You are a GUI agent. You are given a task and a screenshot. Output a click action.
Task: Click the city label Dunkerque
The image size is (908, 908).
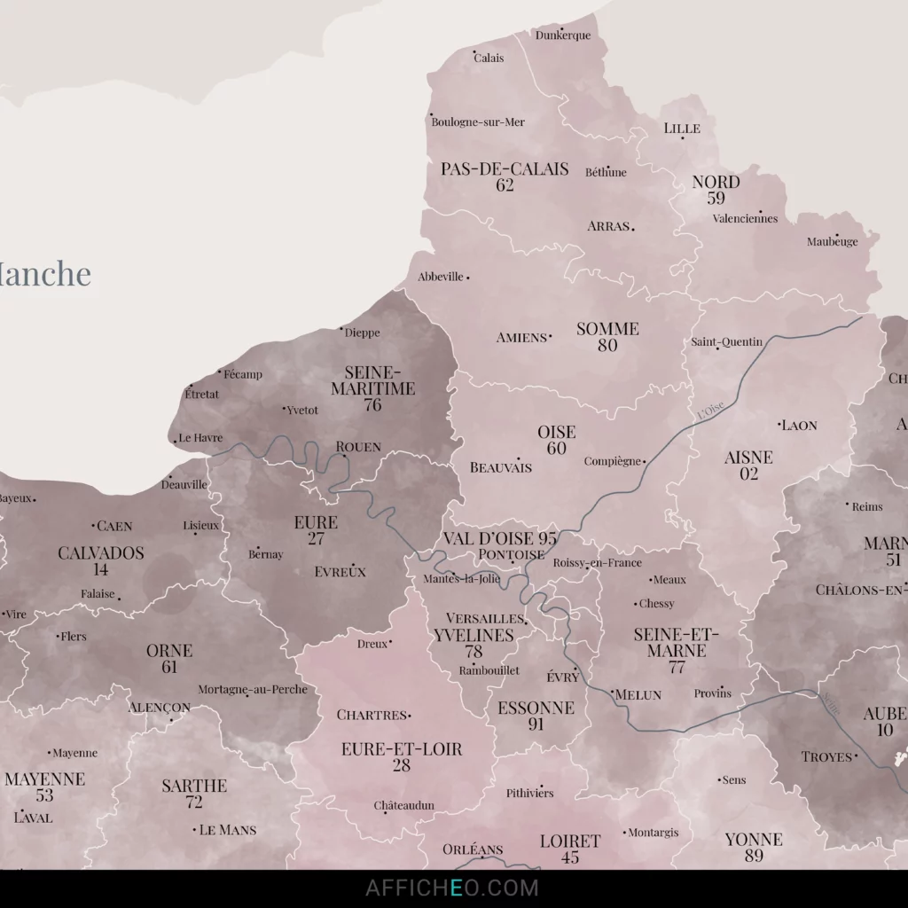tap(563, 35)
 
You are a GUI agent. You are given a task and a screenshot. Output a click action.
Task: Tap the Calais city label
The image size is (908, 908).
tap(489, 59)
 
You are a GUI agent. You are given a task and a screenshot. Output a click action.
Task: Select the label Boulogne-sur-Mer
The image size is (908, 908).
tap(478, 122)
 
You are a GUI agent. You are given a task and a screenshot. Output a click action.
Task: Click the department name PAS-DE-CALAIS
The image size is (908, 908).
tap(505, 168)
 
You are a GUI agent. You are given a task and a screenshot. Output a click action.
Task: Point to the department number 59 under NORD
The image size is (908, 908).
tap(716, 199)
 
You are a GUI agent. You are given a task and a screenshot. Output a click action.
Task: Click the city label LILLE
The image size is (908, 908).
tap(682, 129)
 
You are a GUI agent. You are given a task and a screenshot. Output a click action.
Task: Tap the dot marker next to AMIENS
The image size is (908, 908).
tap(550, 336)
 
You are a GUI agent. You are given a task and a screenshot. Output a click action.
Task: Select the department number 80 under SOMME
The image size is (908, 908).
tap(607, 346)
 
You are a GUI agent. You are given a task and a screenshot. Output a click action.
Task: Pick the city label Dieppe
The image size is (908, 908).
tap(361, 333)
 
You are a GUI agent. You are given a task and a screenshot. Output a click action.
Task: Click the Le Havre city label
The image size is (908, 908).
tap(200, 438)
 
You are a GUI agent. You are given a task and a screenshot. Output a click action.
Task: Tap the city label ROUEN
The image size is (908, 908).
tap(358, 447)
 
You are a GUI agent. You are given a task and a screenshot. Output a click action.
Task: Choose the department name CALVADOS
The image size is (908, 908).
tap(101, 553)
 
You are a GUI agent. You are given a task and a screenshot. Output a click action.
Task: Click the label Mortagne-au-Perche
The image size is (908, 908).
tap(253, 690)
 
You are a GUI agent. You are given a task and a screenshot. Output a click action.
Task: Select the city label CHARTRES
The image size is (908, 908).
tap(372, 715)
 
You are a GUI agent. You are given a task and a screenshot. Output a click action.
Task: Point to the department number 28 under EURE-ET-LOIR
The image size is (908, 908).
tap(402, 766)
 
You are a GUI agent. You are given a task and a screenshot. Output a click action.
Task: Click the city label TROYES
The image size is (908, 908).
tap(826, 757)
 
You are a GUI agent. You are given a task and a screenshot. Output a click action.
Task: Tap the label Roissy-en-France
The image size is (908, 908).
tap(597, 563)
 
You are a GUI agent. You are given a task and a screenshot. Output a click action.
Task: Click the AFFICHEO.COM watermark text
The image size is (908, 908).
tap(452, 888)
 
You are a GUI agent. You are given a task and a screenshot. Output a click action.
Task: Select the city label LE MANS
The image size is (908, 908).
tap(228, 830)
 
